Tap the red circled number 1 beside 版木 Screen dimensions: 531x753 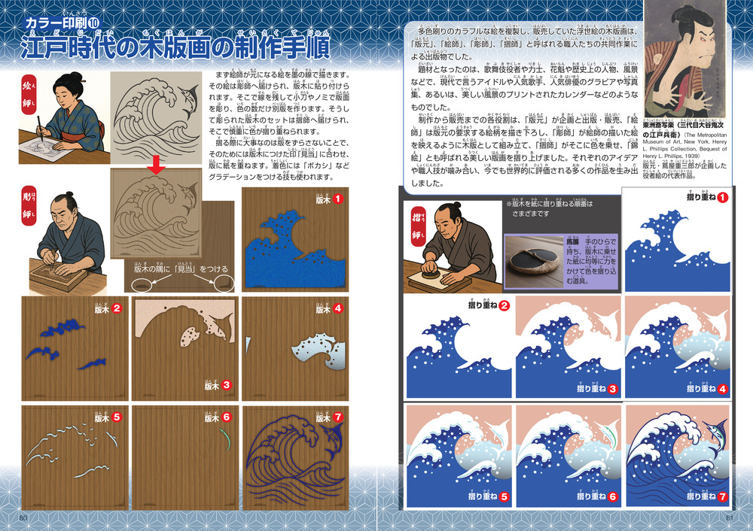click(340, 199)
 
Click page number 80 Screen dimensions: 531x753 click(23, 517)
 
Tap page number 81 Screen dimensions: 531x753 click(730, 517)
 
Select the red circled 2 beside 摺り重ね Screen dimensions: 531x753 click(504, 306)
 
